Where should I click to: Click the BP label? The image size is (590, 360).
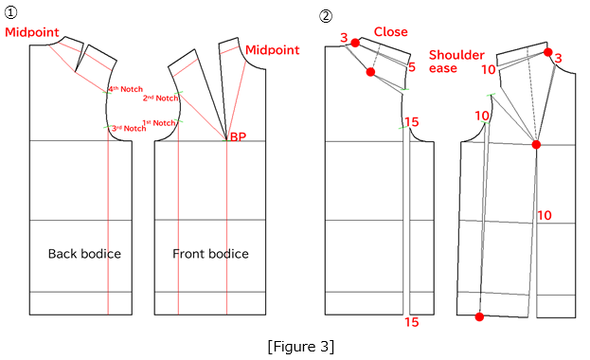(238, 137)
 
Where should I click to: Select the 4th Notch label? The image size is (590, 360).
(125, 89)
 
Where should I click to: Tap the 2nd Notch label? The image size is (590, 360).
(160, 98)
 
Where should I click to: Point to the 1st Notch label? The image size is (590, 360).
(158, 122)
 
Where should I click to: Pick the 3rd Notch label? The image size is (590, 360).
(128, 128)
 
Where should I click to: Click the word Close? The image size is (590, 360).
(391, 32)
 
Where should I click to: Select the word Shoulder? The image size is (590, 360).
(456, 55)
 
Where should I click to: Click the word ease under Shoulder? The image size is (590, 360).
(443, 69)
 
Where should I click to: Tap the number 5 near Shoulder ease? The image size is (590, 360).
(412, 67)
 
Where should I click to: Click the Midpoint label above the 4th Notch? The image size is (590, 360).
(32, 32)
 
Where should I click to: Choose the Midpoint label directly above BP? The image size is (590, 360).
(273, 49)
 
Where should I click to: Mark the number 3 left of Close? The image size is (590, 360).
(344, 38)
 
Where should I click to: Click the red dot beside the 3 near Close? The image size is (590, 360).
(355, 43)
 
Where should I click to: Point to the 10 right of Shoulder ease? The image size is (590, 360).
(489, 69)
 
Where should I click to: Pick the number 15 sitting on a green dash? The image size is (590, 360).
(411, 122)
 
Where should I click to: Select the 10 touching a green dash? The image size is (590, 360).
(482, 117)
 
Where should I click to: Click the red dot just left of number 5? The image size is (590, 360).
(371, 72)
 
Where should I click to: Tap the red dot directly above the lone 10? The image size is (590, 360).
(536, 145)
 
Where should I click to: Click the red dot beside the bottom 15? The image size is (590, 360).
(479, 316)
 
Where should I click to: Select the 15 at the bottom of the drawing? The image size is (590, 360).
(411, 322)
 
